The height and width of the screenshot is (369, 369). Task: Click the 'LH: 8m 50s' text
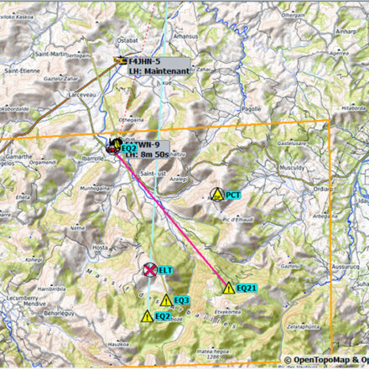pos(148,153)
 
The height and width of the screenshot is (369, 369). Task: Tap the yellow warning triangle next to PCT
pos(217,195)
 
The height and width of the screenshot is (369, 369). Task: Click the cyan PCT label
pos(233,195)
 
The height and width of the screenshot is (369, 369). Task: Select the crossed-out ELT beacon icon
pos(149,269)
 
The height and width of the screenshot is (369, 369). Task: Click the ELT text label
pos(165,270)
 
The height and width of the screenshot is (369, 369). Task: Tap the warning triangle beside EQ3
pos(165,300)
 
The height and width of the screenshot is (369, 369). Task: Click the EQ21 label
pos(247,288)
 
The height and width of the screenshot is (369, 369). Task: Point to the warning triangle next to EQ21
pos(229,288)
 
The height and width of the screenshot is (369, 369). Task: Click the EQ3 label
pos(182,300)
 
